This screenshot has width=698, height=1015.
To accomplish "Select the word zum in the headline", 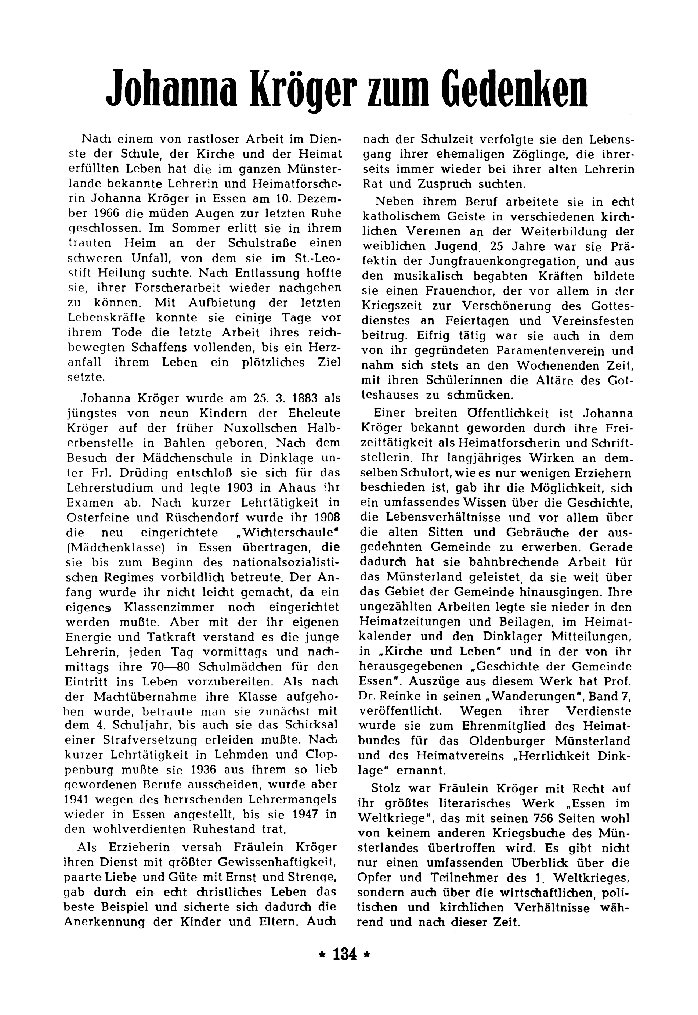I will tap(402, 93).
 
